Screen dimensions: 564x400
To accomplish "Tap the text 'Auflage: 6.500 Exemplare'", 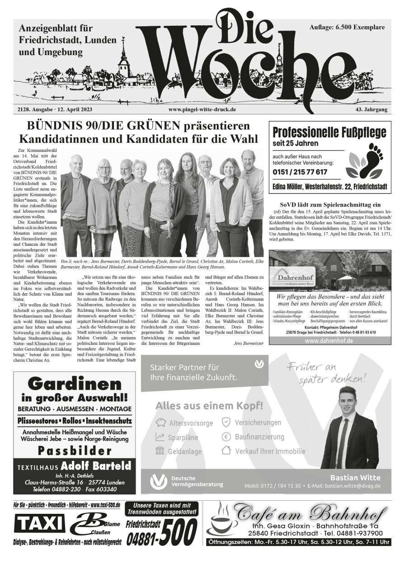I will tap(347, 28).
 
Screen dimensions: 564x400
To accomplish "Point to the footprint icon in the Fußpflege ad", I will tap(366, 159).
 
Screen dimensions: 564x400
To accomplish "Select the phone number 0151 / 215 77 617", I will tap(300, 172).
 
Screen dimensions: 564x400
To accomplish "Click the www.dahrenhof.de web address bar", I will tap(329, 340).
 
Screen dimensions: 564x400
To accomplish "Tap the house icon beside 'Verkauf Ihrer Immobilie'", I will tap(226, 451).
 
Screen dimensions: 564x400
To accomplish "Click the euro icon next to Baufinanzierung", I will tap(226, 437).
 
